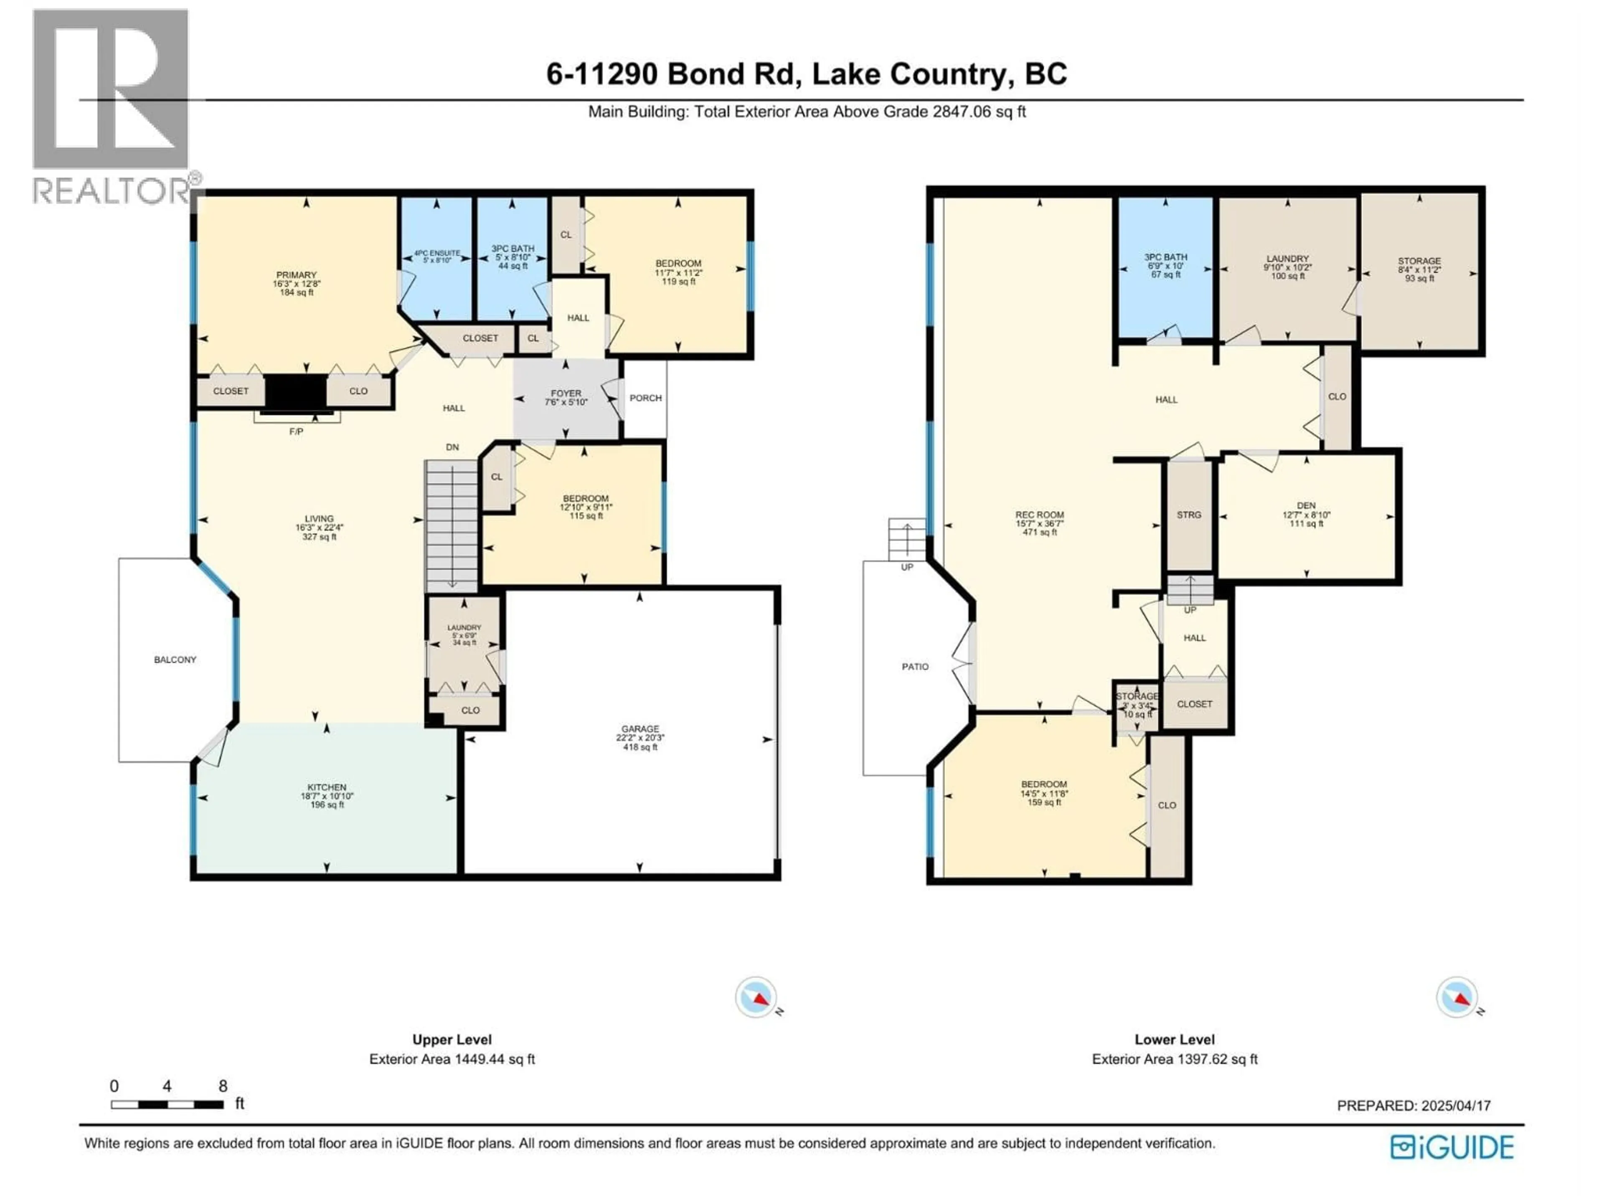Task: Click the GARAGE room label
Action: (x=640, y=729)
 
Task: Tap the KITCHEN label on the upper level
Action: (x=326, y=787)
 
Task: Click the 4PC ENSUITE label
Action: (x=437, y=253)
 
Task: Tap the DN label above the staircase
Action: (x=452, y=447)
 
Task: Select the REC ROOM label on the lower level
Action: (x=1039, y=515)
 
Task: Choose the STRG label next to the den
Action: (x=1188, y=515)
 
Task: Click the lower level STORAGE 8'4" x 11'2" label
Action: (x=1419, y=261)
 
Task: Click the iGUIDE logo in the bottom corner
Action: (x=1452, y=1147)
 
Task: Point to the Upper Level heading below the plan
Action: (x=452, y=1040)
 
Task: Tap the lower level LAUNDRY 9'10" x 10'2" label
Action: (x=1287, y=259)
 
